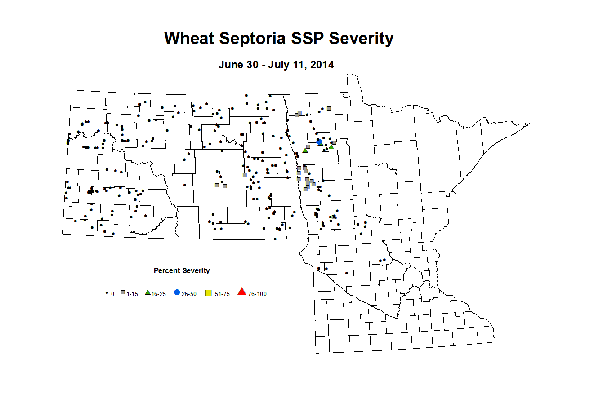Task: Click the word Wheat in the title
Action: click(189, 39)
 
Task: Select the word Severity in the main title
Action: click(361, 39)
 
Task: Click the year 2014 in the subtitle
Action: click(322, 65)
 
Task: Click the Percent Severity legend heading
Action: click(182, 270)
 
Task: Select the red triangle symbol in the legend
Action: click(242, 292)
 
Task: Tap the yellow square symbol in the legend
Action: click(209, 293)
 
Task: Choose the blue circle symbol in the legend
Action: click(177, 292)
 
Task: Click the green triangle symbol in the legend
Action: click(147, 292)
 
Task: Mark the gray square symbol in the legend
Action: click(123, 293)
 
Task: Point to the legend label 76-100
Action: click(257, 294)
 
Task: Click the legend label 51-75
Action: click(222, 294)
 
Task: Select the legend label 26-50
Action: click(189, 294)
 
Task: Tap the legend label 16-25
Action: click(159, 294)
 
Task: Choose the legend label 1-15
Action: click(132, 294)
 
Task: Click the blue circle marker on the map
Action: click(319, 142)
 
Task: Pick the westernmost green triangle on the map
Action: click(305, 150)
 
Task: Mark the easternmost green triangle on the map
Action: click(331, 147)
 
